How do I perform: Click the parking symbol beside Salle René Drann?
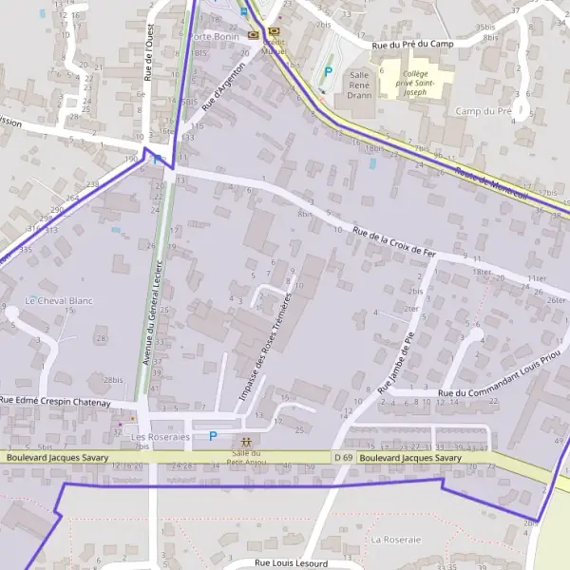tap(329, 70)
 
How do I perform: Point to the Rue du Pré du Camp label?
tap(413, 44)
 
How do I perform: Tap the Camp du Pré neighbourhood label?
tap(484, 111)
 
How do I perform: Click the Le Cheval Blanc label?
tap(59, 300)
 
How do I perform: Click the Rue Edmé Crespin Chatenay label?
tap(55, 403)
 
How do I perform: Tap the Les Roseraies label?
tap(161, 437)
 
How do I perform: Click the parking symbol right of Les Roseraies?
tap(213, 436)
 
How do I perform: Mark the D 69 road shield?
tap(343, 458)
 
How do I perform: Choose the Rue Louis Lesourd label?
tap(291, 563)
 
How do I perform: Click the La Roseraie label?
tap(395, 539)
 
